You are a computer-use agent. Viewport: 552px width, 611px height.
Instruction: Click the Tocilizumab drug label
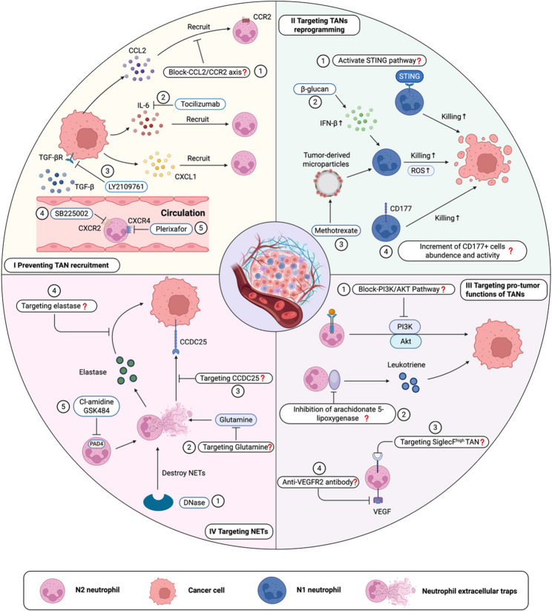pyautogui.click(x=200, y=104)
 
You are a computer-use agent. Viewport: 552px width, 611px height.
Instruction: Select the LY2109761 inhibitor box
pyautogui.click(x=126, y=186)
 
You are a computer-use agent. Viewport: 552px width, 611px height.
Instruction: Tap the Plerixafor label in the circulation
pyautogui.click(x=171, y=229)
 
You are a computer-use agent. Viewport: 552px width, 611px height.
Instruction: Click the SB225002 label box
pyautogui.click(x=71, y=214)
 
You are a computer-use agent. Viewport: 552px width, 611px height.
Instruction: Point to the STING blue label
pyautogui.click(x=410, y=76)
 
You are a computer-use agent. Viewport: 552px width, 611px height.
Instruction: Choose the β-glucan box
pyautogui.click(x=315, y=89)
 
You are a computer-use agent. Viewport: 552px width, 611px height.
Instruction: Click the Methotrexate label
pyautogui.click(x=336, y=230)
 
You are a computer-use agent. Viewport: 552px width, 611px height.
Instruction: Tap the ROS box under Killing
pyautogui.click(x=421, y=170)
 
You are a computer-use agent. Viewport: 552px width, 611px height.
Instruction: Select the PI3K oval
pyautogui.click(x=405, y=327)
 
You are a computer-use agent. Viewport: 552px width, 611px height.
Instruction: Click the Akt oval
pyautogui.click(x=406, y=342)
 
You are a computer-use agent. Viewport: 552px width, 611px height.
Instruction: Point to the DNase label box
pyautogui.click(x=194, y=503)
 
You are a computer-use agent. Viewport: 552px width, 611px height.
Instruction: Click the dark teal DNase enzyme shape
pyautogui.click(x=158, y=502)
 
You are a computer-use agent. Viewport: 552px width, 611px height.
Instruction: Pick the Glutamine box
pyautogui.click(x=236, y=419)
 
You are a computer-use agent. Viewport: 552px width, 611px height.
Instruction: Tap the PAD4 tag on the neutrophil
pyautogui.click(x=96, y=444)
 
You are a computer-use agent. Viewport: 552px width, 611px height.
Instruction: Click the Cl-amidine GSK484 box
pyautogui.click(x=96, y=406)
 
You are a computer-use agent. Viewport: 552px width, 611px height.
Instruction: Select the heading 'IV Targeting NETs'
pyautogui.click(x=238, y=532)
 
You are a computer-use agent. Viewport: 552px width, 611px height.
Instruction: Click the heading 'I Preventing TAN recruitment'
pyautogui.click(x=61, y=265)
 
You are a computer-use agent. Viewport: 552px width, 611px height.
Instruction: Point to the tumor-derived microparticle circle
pyautogui.click(x=328, y=183)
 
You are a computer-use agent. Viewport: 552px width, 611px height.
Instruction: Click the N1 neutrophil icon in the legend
pyautogui.click(x=272, y=590)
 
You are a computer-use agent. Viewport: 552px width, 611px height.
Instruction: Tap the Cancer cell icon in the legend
pyautogui.click(x=162, y=591)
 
